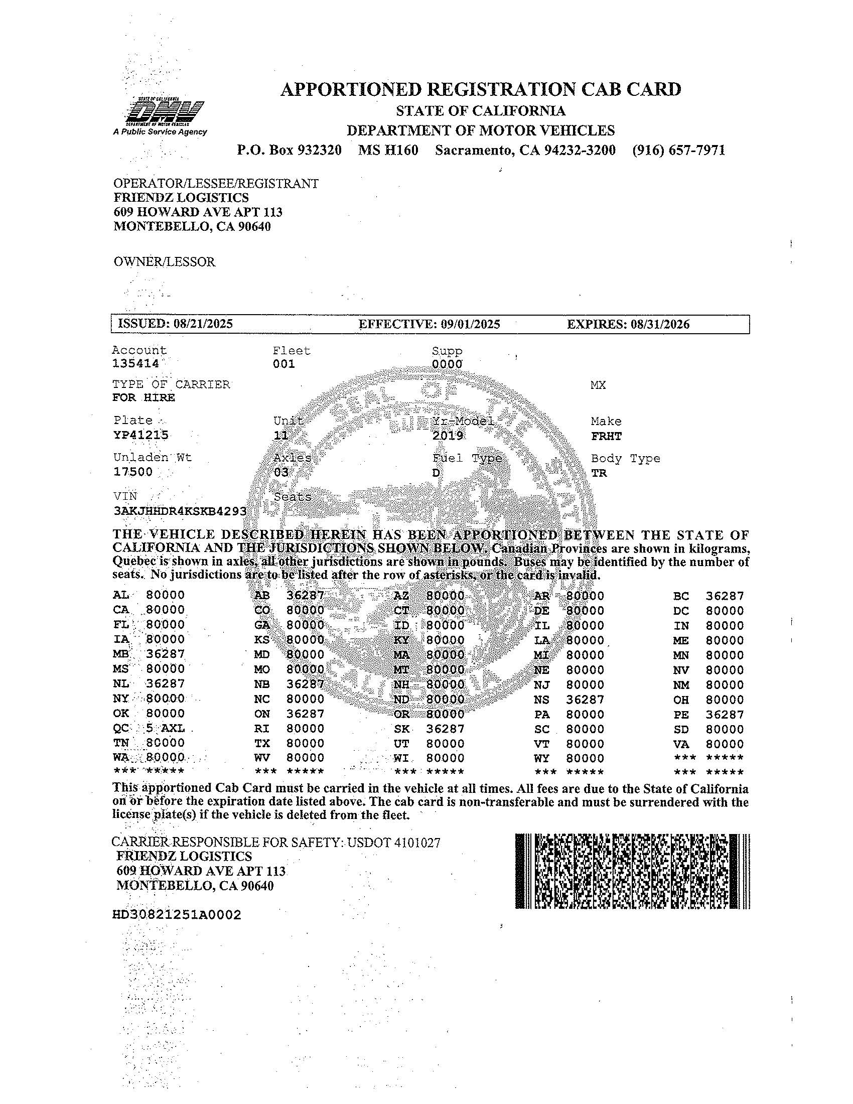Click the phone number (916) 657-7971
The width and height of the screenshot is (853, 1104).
point(679,150)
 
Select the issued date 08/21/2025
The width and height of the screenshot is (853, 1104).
point(203,324)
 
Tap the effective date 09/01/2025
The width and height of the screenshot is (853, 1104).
point(471,324)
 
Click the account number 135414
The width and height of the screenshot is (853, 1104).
point(135,363)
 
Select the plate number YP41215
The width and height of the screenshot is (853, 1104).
point(141,435)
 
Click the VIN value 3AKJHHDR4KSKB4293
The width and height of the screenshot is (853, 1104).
point(181,510)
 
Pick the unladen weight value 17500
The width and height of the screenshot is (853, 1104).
point(132,472)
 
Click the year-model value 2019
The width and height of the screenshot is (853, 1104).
point(448,436)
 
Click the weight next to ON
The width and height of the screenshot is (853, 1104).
point(305,714)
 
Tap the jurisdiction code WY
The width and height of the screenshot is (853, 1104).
point(541,758)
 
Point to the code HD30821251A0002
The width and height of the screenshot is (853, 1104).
point(177,915)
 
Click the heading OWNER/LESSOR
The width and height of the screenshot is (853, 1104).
point(164,262)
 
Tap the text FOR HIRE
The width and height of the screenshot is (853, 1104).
point(144,397)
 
